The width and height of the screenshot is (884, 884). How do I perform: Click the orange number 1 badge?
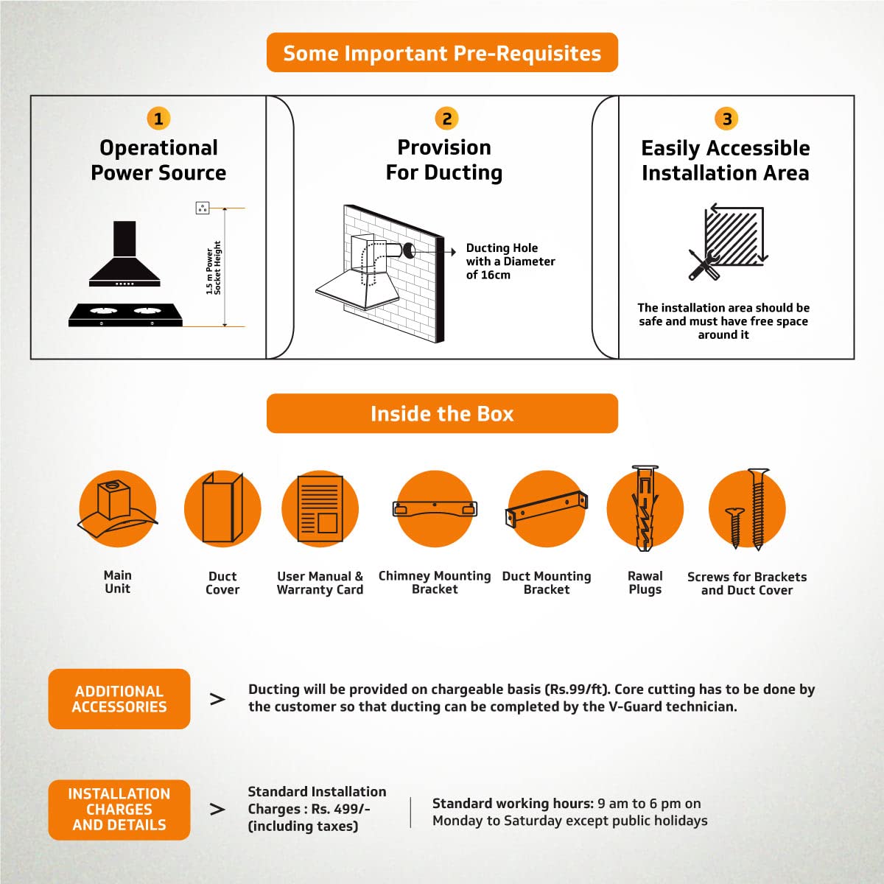[x=158, y=119]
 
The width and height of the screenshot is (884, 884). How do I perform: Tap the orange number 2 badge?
[x=446, y=119]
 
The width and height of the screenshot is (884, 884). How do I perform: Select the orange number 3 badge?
[x=726, y=119]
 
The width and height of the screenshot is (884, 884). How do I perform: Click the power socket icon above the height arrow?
[x=203, y=208]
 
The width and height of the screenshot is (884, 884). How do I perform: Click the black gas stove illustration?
[x=125, y=315]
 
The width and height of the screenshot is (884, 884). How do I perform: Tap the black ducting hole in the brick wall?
[x=409, y=250]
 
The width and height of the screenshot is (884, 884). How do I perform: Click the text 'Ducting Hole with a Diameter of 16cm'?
[x=510, y=261]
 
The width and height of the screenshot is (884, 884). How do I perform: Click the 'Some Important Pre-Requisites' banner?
[x=442, y=53]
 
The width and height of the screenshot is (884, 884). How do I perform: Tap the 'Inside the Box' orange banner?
[x=442, y=413]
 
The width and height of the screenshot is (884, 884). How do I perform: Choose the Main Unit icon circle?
[x=117, y=509]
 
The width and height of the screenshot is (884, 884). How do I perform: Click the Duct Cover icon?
[x=222, y=509]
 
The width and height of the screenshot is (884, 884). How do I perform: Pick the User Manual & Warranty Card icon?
[x=320, y=509]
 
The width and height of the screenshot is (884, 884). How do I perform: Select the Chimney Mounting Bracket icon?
[x=435, y=509]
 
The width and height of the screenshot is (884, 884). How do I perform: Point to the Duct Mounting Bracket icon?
[x=547, y=509]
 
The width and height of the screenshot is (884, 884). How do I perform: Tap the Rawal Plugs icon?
[x=645, y=509]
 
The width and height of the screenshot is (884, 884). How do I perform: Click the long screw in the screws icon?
[x=758, y=509]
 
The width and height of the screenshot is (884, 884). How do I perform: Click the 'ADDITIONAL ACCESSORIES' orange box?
[x=119, y=698]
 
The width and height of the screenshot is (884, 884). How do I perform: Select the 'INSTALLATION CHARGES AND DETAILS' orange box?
[x=119, y=810]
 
